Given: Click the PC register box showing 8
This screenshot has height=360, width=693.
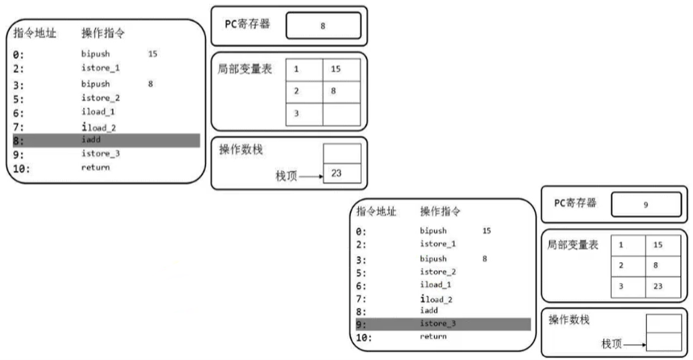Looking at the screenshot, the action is [323, 26].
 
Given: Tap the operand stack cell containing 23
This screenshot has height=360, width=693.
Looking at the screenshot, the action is [342, 173].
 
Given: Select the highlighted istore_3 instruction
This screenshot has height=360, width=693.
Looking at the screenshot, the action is [438, 324].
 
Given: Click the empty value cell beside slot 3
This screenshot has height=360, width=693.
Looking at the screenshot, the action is [342, 113].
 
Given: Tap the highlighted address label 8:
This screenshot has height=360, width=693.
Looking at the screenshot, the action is [19, 140].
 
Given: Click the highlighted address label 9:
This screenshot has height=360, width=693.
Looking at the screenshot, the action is [361, 324].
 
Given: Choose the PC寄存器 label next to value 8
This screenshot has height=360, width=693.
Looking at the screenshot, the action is [245, 24].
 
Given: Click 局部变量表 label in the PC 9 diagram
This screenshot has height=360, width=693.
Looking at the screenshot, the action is [573, 245].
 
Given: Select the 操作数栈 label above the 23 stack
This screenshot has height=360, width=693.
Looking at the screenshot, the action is [239, 149].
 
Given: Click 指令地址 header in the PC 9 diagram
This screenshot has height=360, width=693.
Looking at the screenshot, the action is [376, 212].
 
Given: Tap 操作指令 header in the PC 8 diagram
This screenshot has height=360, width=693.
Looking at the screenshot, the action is [103, 32].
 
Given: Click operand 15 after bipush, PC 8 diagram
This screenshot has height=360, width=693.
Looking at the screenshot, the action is [152, 54].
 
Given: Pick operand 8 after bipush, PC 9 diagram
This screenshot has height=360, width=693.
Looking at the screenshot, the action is [484, 258].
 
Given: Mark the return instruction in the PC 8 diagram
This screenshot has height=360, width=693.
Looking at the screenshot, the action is [95, 167].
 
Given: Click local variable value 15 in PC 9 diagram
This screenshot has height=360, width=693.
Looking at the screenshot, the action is [657, 245].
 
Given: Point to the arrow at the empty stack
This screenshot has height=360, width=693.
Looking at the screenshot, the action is [633, 345].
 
